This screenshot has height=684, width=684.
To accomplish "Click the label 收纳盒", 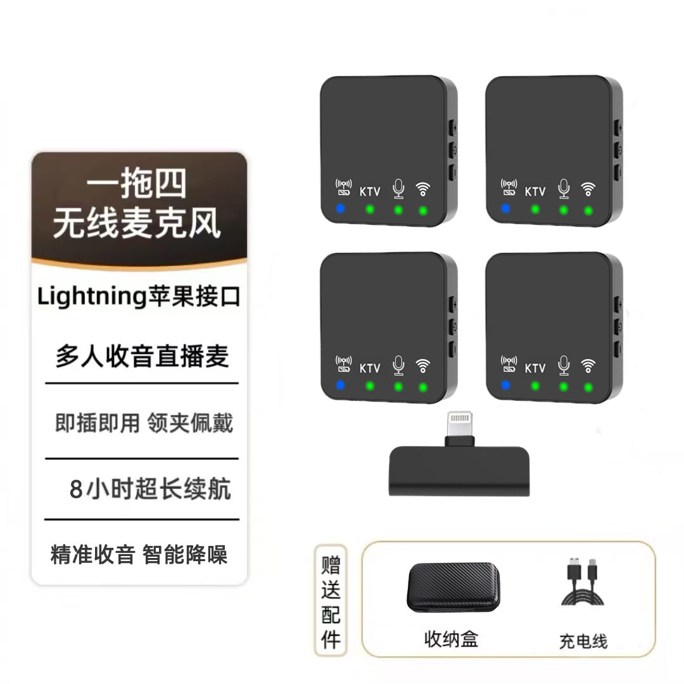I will click(450, 638).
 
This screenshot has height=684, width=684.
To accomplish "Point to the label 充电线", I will click(583, 640).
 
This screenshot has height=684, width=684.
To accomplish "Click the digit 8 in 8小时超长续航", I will click(77, 490).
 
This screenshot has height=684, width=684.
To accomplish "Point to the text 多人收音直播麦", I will click(142, 357).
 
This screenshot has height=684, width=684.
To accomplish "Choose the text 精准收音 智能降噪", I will click(139, 554).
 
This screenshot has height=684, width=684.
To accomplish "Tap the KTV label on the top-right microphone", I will click(535, 191).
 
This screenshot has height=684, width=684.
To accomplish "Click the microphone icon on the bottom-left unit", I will click(398, 365).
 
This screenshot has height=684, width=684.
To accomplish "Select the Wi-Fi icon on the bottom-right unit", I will click(588, 365).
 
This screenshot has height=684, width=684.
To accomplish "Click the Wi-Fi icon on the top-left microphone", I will click(423, 189).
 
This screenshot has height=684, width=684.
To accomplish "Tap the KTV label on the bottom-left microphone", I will click(370, 368).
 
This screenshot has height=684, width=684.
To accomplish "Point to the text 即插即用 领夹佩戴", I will click(144, 423).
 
